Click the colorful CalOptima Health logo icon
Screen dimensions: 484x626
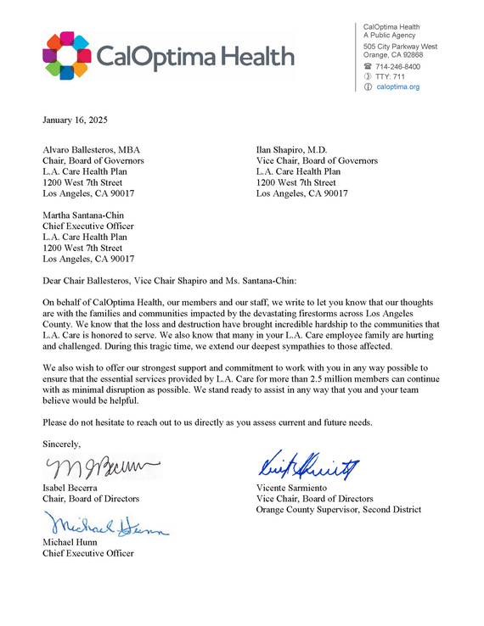point(65,55)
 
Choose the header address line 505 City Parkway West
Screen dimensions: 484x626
point(400,47)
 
